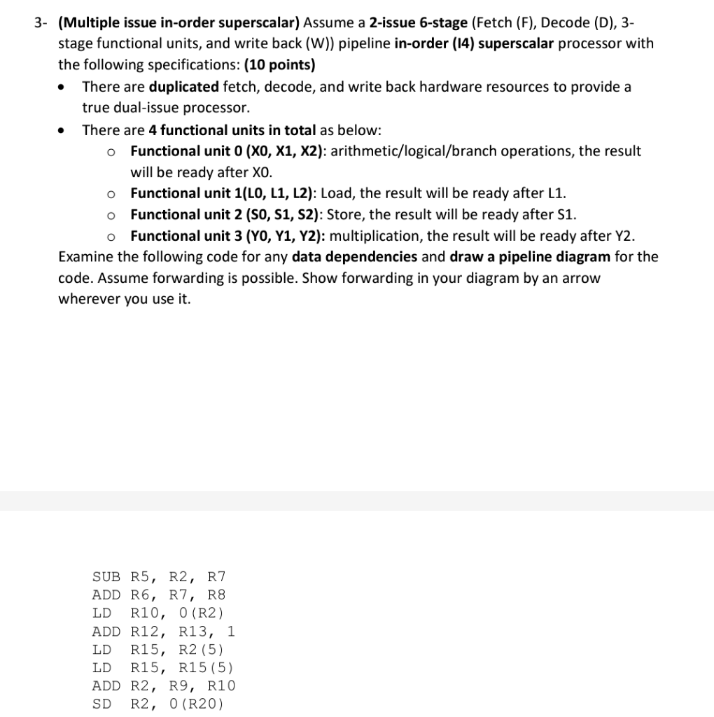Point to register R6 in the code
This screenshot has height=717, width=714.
pyautogui.click(x=141, y=595)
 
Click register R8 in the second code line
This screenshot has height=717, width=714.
pyautogui.click(x=216, y=595)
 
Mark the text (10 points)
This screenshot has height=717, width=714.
pyautogui.click(x=279, y=65)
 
